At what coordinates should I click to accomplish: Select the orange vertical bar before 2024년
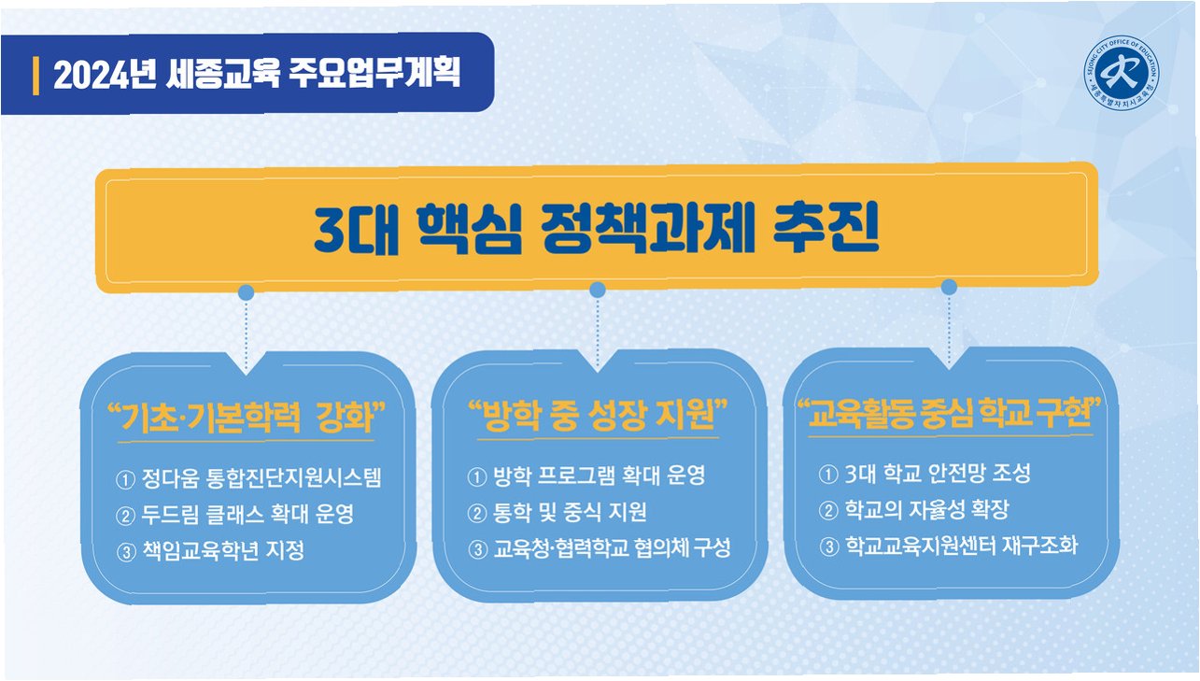pos(35,75)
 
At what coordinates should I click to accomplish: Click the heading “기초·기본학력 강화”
pos(247,417)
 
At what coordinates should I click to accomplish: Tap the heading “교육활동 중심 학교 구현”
pos(947,413)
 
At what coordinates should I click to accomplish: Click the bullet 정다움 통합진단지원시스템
pos(261,479)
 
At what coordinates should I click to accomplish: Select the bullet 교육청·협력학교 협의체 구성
pos(611,547)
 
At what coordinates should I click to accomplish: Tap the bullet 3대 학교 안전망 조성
pos(936,474)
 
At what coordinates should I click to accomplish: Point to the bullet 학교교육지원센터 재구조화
pos(961,546)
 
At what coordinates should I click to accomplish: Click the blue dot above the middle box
pos(598,291)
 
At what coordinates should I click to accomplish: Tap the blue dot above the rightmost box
pos(949,286)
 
